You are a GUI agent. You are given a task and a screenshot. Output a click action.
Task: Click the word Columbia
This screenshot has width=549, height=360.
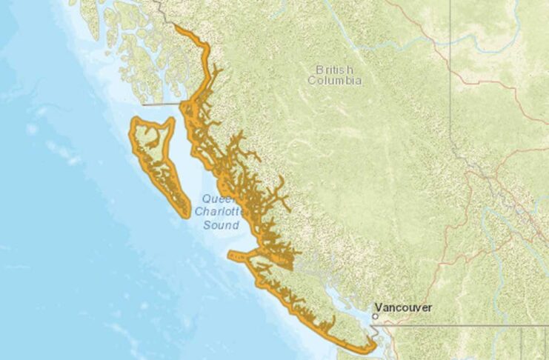(335, 80)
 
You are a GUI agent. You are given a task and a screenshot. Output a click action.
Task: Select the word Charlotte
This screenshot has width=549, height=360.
(219, 212)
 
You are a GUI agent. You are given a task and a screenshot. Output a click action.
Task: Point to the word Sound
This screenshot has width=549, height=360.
(222, 225)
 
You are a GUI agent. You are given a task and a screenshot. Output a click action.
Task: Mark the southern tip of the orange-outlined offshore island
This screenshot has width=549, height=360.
(186, 216)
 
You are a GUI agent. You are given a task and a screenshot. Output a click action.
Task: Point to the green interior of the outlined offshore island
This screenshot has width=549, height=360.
(153, 148)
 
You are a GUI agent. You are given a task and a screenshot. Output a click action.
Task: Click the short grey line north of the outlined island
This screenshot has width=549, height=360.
(167, 104)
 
